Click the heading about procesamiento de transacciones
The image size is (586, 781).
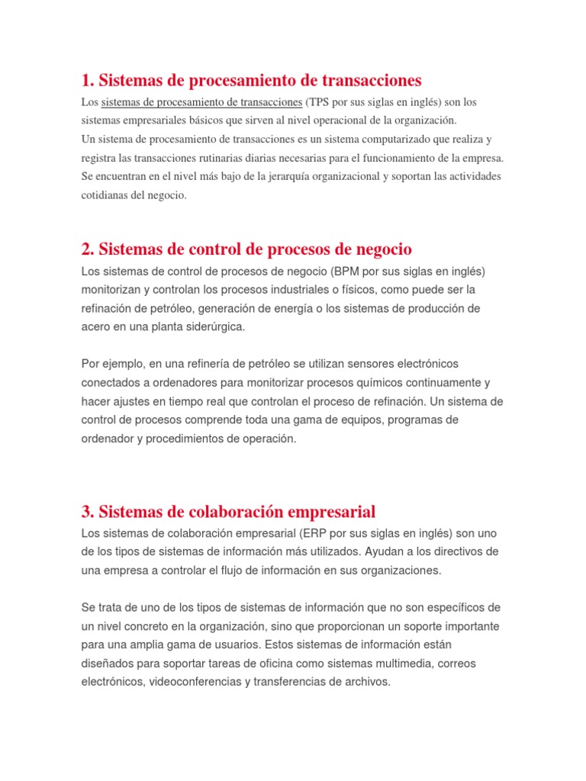click(251, 80)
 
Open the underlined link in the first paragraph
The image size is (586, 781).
click(201, 102)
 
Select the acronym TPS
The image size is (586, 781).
click(319, 102)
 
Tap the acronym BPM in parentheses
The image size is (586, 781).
click(345, 272)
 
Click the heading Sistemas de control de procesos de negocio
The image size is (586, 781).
click(246, 249)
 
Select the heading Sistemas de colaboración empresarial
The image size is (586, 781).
click(228, 511)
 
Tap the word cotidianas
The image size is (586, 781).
click(107, 195)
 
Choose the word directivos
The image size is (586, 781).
click(455, 551)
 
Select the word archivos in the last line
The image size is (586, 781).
click(368, 682)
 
